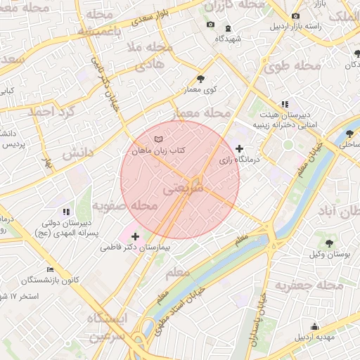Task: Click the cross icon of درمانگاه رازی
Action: (240, 148)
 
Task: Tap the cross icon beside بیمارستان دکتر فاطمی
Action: (135, 236)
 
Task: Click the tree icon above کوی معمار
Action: (201, 79)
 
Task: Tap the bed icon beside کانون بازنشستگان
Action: (49, 269)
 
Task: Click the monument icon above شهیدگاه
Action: (227, 29)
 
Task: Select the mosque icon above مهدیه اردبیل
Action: (314, 326)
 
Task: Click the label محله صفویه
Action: (124, 206)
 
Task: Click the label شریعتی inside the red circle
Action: (184, 189)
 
